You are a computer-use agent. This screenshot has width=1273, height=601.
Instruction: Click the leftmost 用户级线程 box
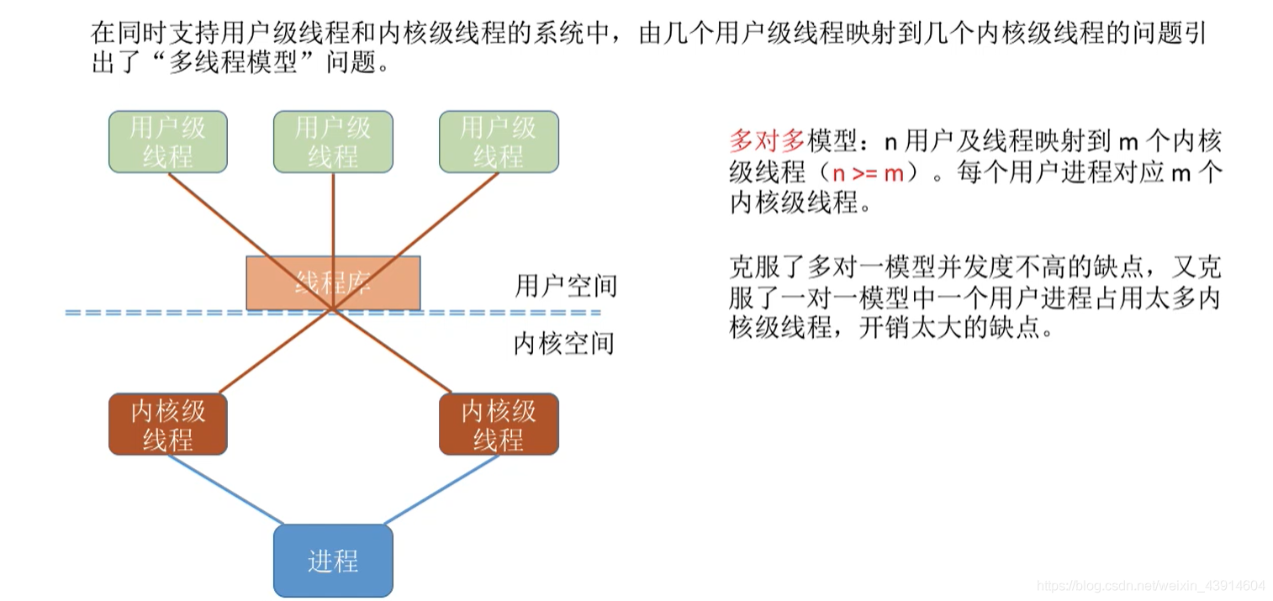(168, 142)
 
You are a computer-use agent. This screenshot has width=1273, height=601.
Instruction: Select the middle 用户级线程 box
(333, 142)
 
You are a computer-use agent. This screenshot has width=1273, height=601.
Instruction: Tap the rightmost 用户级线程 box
(499, 142)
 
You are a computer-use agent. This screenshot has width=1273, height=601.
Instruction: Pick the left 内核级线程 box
(168, 424)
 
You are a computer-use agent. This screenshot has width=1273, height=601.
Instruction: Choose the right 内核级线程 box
(499, 424)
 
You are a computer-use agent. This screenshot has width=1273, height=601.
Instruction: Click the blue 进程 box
(333, 561)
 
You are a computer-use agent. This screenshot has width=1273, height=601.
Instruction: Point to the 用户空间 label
(565, 286)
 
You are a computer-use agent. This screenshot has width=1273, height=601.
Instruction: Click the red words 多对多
(766, 140)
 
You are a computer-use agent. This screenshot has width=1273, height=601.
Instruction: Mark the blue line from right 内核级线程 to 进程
(441, 489)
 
